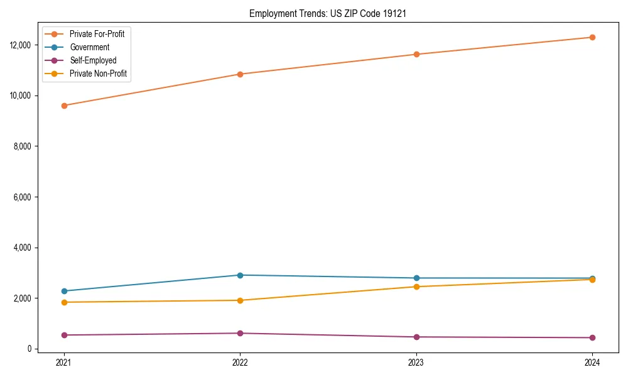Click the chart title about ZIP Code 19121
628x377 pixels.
coord(327,13)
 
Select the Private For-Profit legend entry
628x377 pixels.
coord(97,34)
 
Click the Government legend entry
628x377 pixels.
coord(89,47)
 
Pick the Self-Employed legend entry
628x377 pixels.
coord(93,60)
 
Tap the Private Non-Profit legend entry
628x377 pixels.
coord(98,74)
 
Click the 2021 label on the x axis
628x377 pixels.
coord(63,362)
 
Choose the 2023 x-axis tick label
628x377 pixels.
coord(416,362)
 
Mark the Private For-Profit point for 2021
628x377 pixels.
coord(63,106)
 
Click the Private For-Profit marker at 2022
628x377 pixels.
coord(240,74)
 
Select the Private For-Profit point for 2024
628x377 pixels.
coord(592,37)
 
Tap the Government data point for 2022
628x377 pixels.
coord(240,275)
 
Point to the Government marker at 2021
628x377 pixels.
coord(63,291)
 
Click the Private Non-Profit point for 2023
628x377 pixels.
coord(416,287)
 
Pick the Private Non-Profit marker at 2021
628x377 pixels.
coord(63,302)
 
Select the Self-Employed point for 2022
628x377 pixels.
coord(240,333)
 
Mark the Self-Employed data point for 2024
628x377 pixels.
coord(592,337)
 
